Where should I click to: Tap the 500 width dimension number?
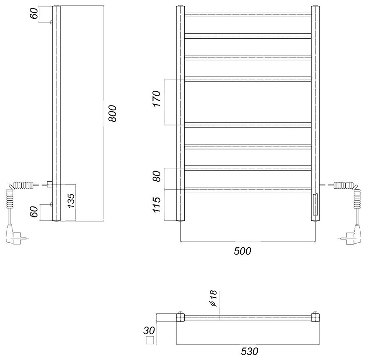(x=243, y=251)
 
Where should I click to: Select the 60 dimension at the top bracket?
(x=35, y=14)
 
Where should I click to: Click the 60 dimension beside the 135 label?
(x=35, y=212)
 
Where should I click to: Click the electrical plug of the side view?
(x=14, y=237)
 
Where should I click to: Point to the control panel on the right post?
(x=315, y=204)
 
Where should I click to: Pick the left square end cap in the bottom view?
(x=180, y=316)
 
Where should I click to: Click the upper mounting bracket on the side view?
(x=51, y=22)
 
